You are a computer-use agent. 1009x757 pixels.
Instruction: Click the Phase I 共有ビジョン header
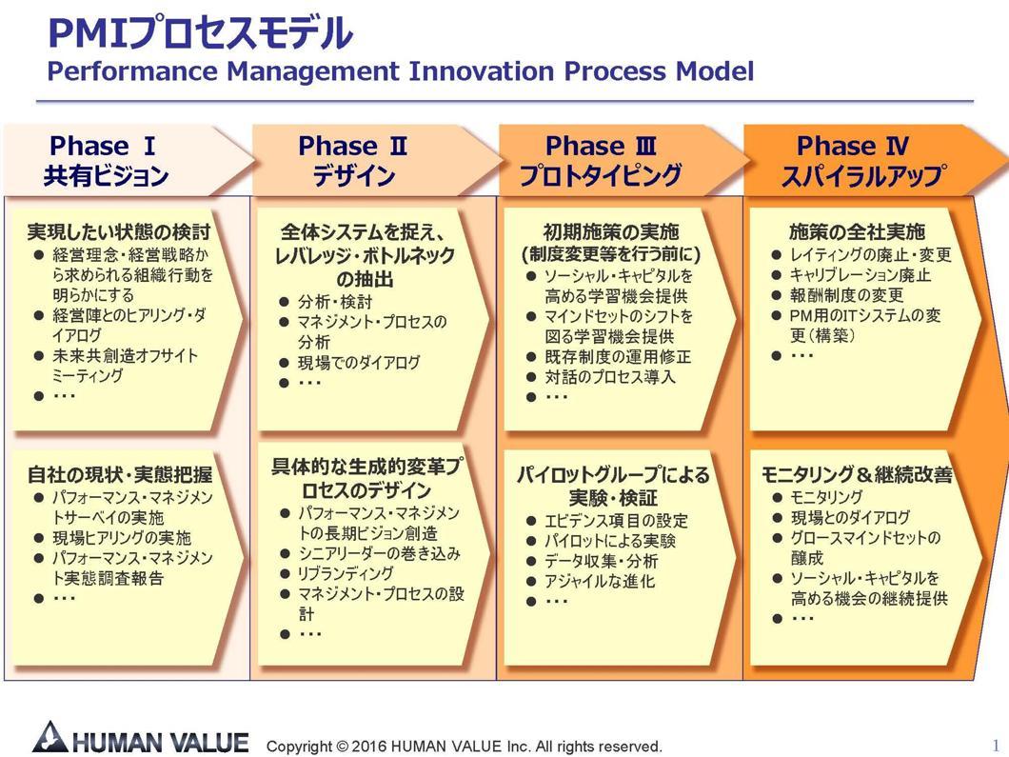click(x=107, y=160)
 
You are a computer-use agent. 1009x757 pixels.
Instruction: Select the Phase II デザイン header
click(x=353, y=160)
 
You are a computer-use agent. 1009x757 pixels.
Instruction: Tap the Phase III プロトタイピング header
click(x=601, y=160)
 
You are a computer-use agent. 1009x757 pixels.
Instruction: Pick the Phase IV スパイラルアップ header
click(x=853, y=160)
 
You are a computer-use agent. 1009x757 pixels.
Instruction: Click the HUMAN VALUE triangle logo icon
click(x=49, y=738)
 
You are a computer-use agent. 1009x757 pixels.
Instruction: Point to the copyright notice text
click(x=464, y=747)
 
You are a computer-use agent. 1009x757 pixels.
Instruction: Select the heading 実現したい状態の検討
click(x=119, y=231)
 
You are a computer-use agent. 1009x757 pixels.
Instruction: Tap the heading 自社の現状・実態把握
click(x=120, y=474)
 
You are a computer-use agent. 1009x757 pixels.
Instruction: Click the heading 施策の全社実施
click(x=857, y=231)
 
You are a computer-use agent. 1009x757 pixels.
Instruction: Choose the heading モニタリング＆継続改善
click(x=857, y=474)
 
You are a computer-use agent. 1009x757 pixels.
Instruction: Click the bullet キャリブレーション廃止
click(x=861, y=275)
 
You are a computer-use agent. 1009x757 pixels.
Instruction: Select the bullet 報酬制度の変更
click(x=847, y=295)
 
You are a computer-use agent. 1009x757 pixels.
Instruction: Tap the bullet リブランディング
click(x=346, y=573)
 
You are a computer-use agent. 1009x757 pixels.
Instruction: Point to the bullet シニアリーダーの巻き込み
click(x=379, y=553)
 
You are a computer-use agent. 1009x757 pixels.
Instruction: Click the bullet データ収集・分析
click(x=601, y=561)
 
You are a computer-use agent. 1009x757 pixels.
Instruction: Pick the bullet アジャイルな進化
click(x=600, y=581)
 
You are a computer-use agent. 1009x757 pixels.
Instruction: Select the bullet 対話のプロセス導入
click(x=610, y=376)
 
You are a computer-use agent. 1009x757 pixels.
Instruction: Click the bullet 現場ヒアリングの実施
click(x=122, y=537)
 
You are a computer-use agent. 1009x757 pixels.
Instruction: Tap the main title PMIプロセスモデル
click(x=201, y=33)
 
